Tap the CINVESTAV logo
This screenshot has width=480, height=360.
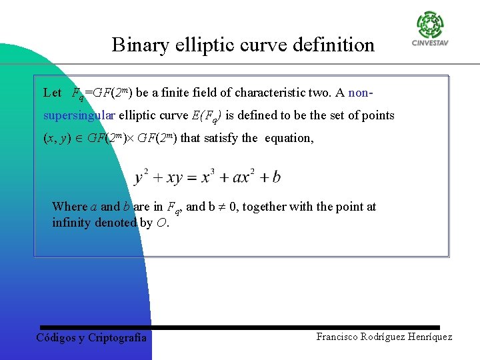point(430,29)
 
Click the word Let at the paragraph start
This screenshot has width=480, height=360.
point(52,93)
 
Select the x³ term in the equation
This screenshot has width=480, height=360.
point(207,177)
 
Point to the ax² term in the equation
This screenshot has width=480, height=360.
point(243,177)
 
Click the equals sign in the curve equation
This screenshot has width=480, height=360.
point(190,178)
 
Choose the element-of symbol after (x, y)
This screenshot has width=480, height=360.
point(80,139)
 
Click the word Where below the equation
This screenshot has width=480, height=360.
point(69,207)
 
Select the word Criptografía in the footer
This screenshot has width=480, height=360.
point(117,338)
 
